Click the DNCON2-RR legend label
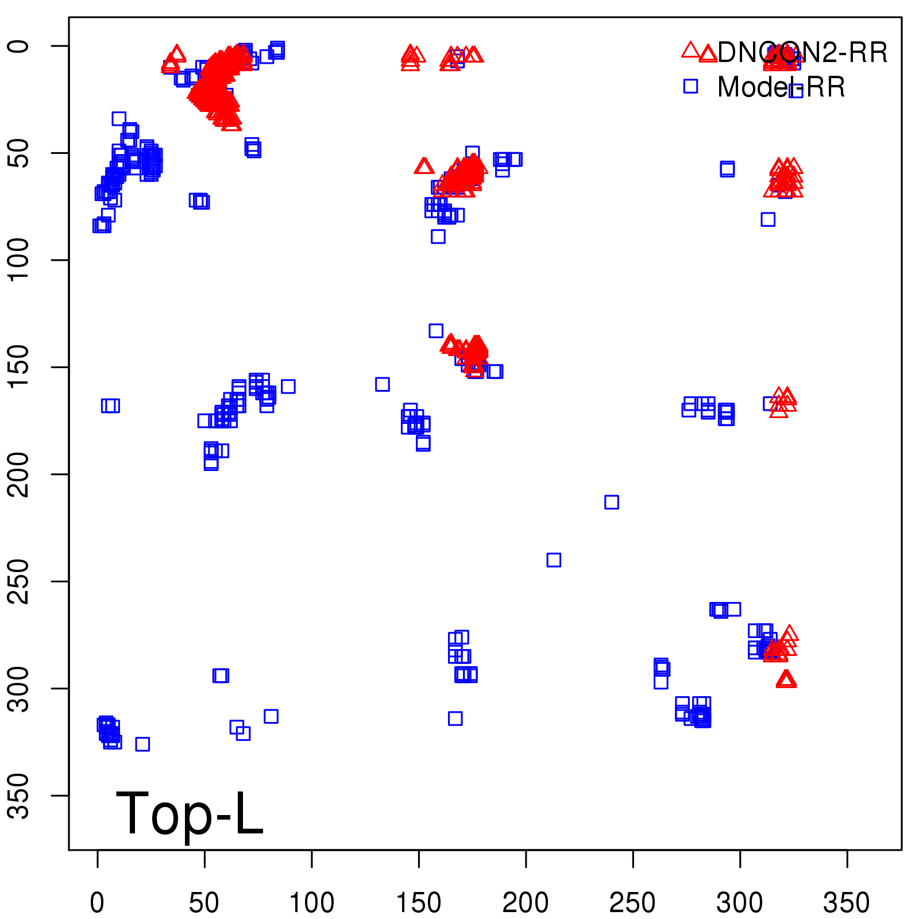pyautogui.click(x=802, y=53)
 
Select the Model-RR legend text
pyautogui.click(x=781, y=87)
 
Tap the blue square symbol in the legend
pyautogui.click(x=690, y=86)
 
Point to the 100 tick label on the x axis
pyautogui.click(x=311, y=903)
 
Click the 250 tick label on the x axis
pyautogui.click(x=632, y=903)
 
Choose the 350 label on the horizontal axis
pyautogui.click(x=847, y=903)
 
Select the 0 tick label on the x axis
pyautogui.click(x=98, y=903)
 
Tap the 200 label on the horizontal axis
pyautogui.click(x=526, y=903)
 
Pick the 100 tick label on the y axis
pyautogui.click(x=20, y=260)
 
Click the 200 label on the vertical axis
pyautogui.click(x=20, y=474)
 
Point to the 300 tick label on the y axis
pyautogui.click(x=20, y=688)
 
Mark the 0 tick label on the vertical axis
pyautogui.click(x=20, y=46)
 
